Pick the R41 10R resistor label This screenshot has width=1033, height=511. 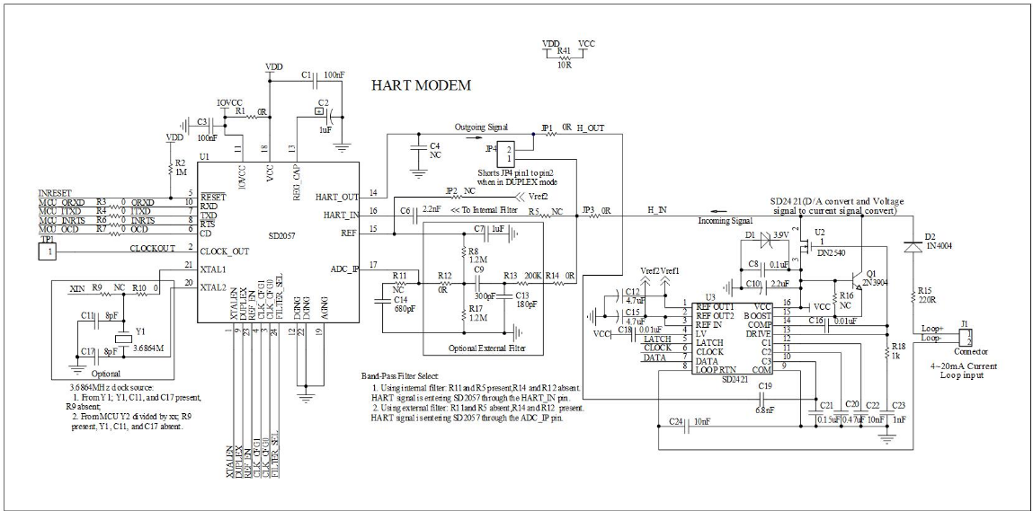point(564,57)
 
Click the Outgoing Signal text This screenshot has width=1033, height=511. point(481,127)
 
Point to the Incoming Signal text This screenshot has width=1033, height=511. point(726,219)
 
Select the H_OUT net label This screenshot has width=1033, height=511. point(592,128)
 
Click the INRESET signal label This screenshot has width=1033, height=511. point(56,193)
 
